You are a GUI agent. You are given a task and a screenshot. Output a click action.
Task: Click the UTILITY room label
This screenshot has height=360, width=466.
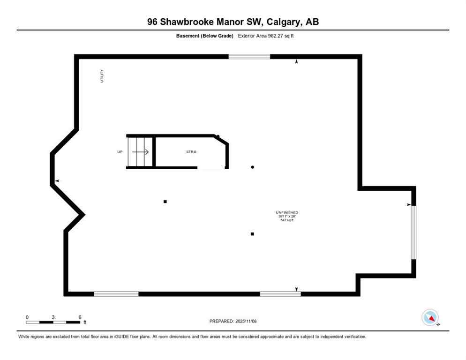pos(102,76)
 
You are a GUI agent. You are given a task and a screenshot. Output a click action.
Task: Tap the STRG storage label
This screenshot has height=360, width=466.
pos(191,152)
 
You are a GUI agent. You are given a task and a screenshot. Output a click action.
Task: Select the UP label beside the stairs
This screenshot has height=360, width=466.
pos(120,152)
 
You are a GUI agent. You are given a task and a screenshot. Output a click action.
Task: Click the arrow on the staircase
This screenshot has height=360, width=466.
pos(141,152)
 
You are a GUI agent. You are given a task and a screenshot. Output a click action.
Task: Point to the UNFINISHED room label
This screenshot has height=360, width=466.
pos(287,213)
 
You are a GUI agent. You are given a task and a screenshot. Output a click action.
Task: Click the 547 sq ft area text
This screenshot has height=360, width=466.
pos(287,220)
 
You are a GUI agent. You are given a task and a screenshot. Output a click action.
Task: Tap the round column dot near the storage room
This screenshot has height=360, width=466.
pos(253,167)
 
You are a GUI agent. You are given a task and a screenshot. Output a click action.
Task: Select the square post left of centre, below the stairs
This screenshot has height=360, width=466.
pos(165,202)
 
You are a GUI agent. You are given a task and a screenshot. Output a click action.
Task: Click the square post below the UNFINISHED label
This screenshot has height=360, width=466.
pos(252,234)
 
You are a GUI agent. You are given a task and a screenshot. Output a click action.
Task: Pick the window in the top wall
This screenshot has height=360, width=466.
pos(249,57)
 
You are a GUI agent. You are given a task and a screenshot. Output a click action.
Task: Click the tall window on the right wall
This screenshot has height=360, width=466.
pos(413,232)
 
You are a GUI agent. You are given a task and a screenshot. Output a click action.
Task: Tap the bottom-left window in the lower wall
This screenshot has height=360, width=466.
pos(116,294)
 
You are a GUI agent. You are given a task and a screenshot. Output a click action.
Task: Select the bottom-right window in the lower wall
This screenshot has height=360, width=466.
pos(280,294)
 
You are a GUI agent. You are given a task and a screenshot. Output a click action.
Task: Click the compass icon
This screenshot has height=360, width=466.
pos(430,317)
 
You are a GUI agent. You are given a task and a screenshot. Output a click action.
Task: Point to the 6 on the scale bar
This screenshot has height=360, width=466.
pos(80,317)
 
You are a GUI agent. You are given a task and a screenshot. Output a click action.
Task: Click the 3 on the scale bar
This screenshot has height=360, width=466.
pos(53,317)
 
